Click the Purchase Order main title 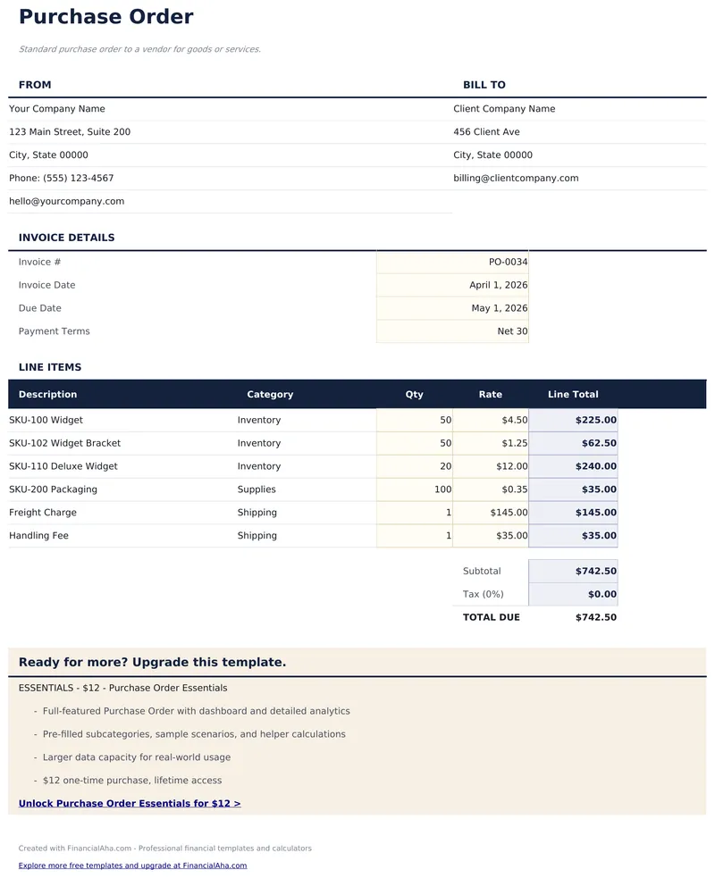[x=105, y=17]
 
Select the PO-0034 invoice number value [x=508, y=263]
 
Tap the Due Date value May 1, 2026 [x=499, y=308]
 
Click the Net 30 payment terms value [x=512, y=331]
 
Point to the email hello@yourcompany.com [x=67, y=202]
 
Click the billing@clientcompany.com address [x=516, y=179]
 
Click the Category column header [x=270, y=395]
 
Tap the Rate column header [x=490, y=395]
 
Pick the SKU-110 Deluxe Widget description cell [x=63, y=466]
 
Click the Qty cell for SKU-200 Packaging [x=442, y=489]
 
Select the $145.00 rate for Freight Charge [x=509, y=513]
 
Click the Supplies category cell [x=257, y=489]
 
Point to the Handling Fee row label [x=39, y=536]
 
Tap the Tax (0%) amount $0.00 [x=601, y=594]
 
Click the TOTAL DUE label [x=491, y=617]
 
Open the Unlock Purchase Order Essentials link [x=130, y=804]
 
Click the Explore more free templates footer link [x=132, y=865]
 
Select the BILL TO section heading [x=484, y=85]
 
